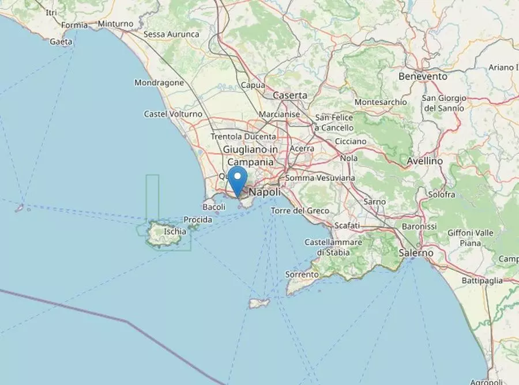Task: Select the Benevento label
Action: point(423,76)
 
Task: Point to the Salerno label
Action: point(416,252)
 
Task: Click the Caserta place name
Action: point(290,95)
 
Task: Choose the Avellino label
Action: point(424,161)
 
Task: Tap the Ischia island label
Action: point(175,231)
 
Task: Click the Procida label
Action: point(197,220)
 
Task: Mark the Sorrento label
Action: point(302,275)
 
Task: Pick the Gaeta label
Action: point(61,41)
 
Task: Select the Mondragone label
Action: point(159,82)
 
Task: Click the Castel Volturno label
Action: point(173,114)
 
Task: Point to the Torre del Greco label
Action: point(300,211)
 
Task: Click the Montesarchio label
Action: point(381,102)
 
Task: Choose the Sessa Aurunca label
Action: point(171,35)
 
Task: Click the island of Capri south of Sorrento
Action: point(259,303)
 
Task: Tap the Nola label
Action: point(349,158)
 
